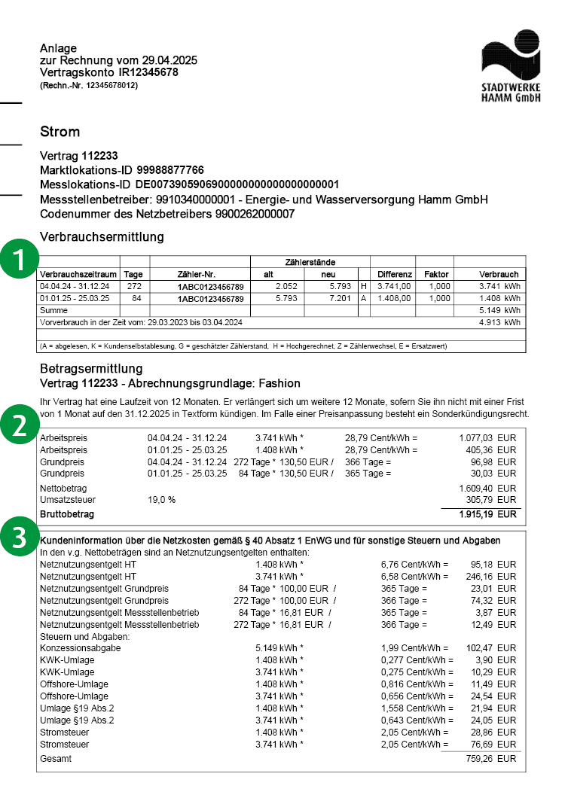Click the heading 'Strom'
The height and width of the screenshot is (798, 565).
click(60, 132)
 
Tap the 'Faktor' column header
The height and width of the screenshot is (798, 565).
click(436, 275)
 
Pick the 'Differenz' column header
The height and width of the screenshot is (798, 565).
click(395, 275)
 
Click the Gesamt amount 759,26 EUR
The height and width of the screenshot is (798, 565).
click(491, 759)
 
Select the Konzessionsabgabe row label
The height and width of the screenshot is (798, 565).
click(76, 647)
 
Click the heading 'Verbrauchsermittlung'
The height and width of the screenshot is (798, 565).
click(102, 237)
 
